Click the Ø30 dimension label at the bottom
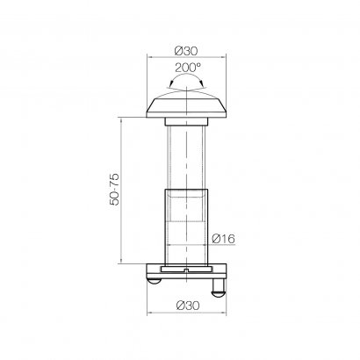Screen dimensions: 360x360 pyautogui.click(x=184, y=305)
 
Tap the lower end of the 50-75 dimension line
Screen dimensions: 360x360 pyautogui.click(x=122, y=262)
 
